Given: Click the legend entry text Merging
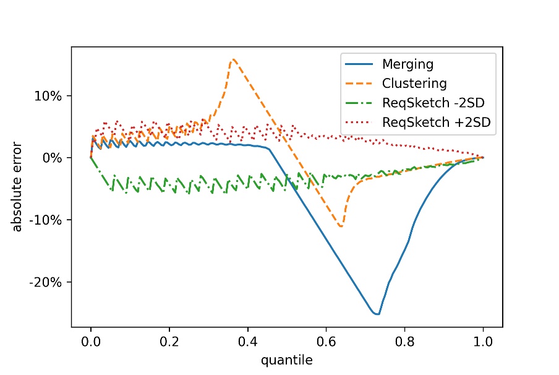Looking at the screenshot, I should click(408, 64).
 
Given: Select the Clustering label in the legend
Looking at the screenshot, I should click(414, 84).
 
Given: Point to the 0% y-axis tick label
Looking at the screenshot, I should click(56, 158).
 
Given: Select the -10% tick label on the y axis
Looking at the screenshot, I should click(51, 220).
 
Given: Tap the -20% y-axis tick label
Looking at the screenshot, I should click(51, 282).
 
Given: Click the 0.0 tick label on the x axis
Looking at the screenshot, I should click(91, 340).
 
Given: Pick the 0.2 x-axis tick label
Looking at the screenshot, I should click(169, 340).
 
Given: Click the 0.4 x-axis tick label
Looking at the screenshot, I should click(247, 340).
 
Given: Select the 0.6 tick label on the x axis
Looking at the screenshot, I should click(326, 340).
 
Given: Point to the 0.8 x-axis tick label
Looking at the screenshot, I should click(404, 340).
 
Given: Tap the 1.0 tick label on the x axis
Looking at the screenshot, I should click(483, 340).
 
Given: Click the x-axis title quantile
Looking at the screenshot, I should click(286, 358).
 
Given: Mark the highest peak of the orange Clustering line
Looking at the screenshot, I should click(233, 59).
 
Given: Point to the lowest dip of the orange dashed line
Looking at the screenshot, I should click(341, 226).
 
